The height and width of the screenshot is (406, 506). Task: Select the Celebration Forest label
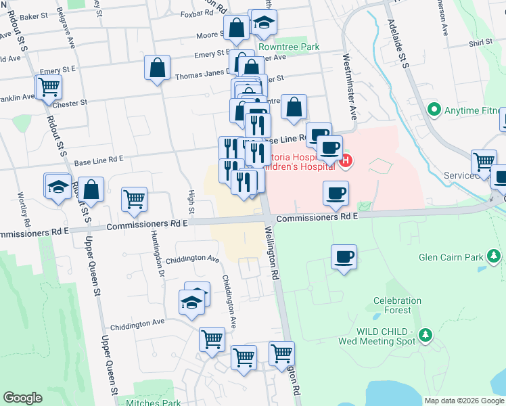click(x=397, y=305)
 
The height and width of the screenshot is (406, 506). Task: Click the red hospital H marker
click(x=346, y=161)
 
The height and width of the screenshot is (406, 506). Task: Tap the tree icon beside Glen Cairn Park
click(x=495, y=256)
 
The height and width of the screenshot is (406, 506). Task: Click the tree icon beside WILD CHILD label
click(x=425, y=334)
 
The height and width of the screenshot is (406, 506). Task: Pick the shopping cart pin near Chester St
click(x=49, y=87)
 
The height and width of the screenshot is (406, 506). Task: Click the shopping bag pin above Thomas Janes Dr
click(x=157, y=68)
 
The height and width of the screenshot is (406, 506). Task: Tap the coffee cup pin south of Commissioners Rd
click(x=344, y=257)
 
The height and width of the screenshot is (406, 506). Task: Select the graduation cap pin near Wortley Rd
click(x=58, y=186)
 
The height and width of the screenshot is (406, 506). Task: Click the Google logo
click(x=22, y=398)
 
